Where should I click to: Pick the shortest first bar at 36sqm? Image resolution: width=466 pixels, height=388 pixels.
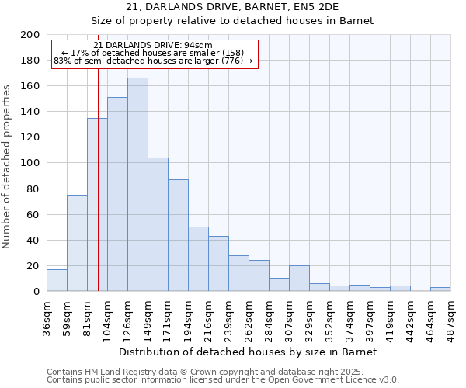[x=57, y=280]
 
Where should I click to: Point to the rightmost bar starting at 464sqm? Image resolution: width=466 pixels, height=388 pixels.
[x=440, y=289]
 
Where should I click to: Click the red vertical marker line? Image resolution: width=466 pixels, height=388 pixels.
[x=99, y=194]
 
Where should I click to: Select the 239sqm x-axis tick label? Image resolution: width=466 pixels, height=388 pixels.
[x=229, y=315]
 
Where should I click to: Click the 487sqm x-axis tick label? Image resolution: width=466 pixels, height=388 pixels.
[x=450, y=315]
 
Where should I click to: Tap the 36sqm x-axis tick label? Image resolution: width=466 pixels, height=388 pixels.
[x=47, y=315]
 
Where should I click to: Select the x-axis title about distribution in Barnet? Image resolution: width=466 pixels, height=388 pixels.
[x=248, y=352]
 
